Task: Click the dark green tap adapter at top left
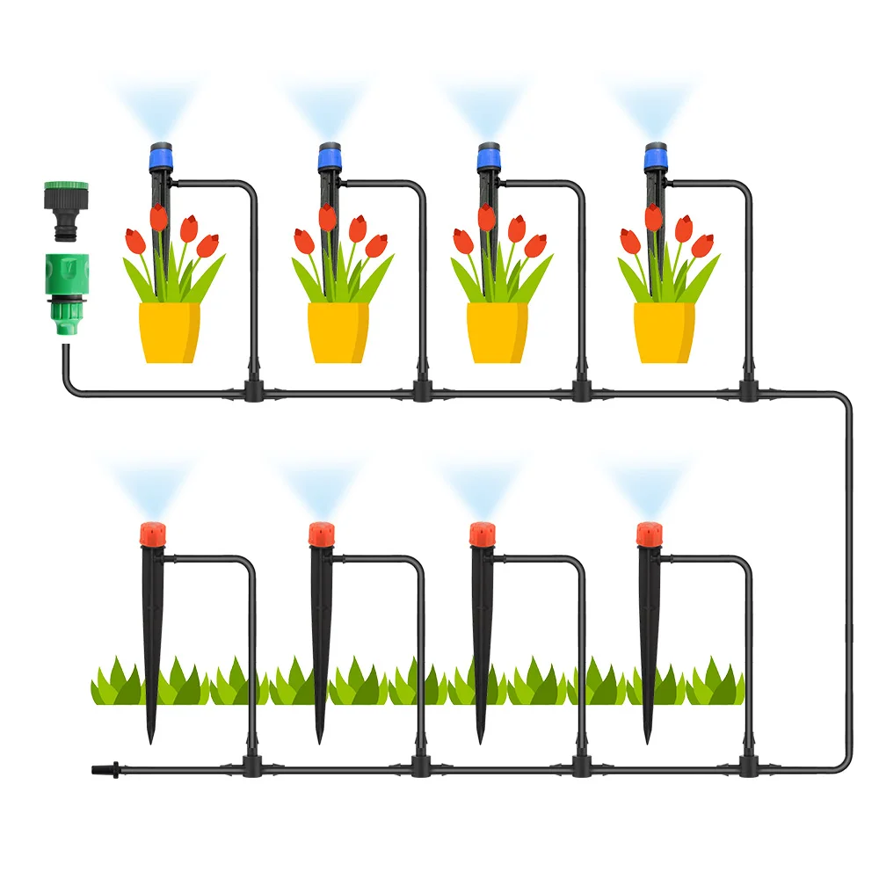[62, 207]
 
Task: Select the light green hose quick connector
[62, 281]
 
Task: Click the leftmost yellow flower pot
[170, 332]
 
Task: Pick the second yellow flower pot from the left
[338, 332]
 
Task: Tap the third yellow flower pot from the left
[497, 332]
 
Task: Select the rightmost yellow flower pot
[665, 332]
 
